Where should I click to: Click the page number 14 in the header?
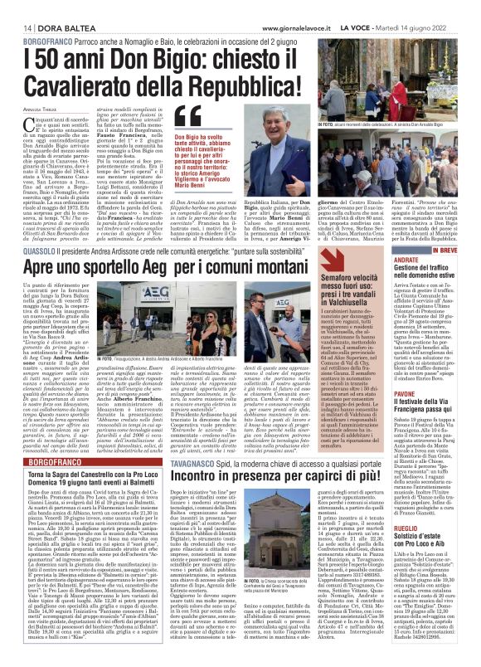coord(16,7)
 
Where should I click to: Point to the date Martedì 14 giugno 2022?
coord(433,7)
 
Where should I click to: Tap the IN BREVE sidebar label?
coord(445,226)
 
